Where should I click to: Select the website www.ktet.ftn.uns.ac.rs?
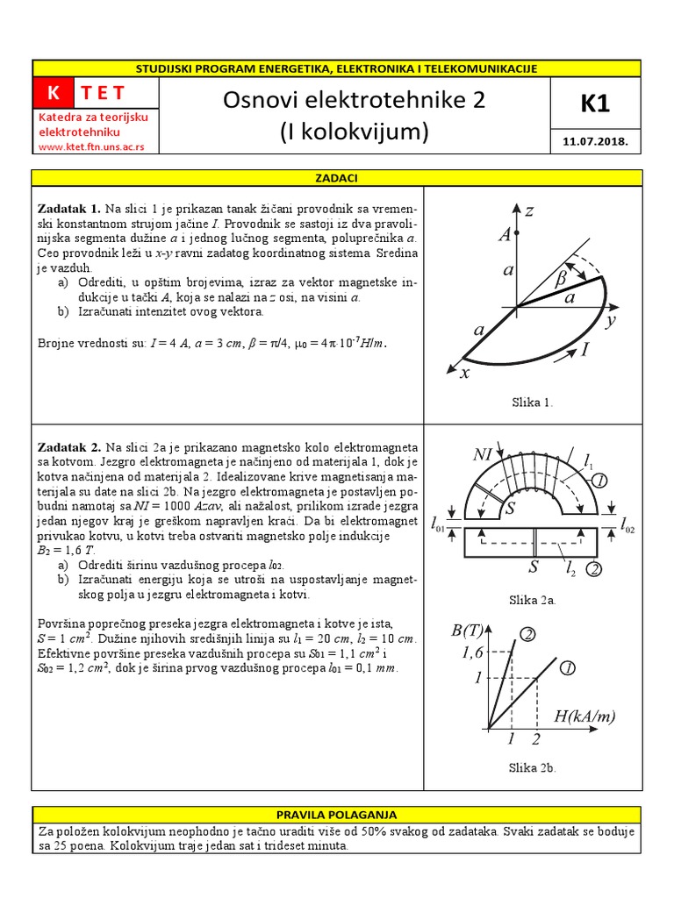pos(91,146)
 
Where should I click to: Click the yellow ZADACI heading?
pos(337,178)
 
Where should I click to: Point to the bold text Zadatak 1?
pos(69,209)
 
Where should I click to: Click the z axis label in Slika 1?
pos(529,211)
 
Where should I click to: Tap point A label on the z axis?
pos(504,233)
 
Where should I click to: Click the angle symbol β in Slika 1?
pos(561,279)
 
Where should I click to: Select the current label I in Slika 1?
pos(585,350)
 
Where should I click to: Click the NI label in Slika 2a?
pos(484,454)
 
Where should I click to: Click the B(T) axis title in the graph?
pos(468,631)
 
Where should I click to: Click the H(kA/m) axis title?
pos(584,716)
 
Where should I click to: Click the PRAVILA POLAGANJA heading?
pos(337,815)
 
